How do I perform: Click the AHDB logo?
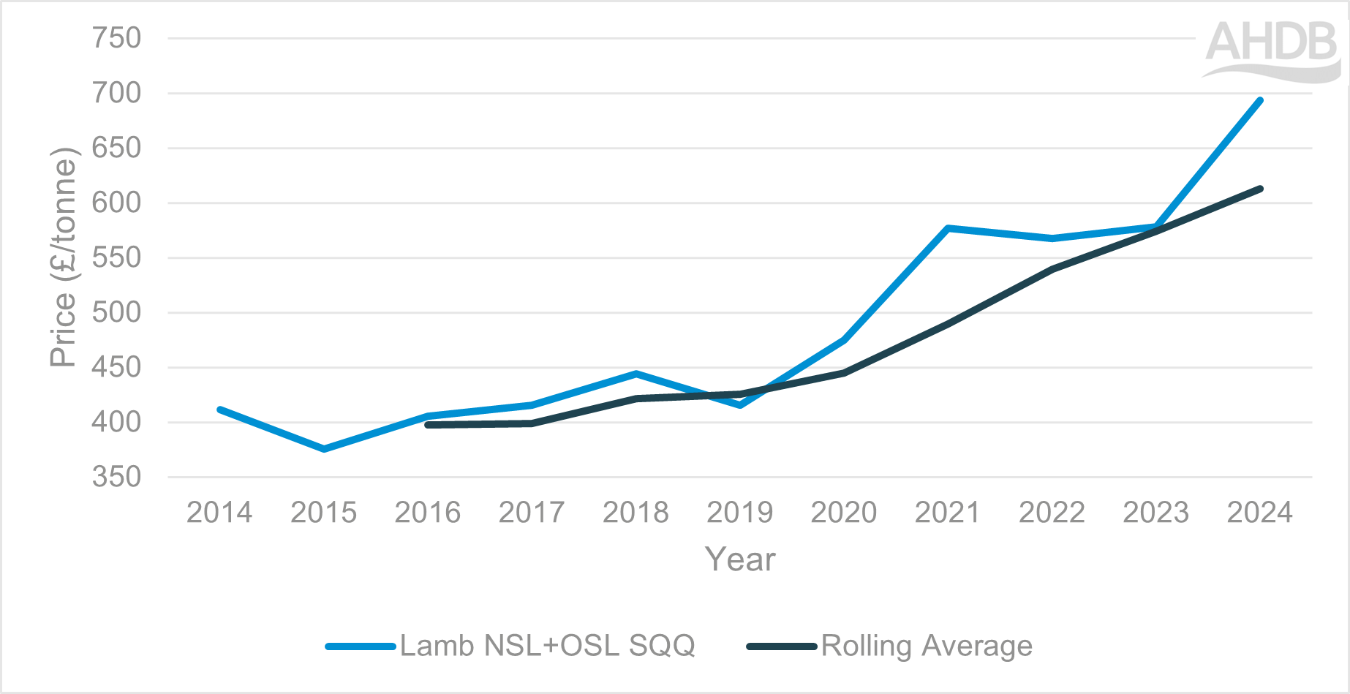(1271, 50)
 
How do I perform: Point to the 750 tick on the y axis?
(116, 38)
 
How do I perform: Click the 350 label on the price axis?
(116, 477)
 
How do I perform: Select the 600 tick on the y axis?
(116, 203)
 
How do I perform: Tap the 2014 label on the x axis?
(219, 512)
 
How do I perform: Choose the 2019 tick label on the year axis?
(739, 512)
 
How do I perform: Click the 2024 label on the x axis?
(1259, 512)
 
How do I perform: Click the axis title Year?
(739, 559)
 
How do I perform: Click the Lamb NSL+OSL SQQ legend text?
(547, 646)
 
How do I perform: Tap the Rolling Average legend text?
(927, 646)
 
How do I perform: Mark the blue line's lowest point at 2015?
(324, 449)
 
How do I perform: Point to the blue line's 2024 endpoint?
(1260, 100)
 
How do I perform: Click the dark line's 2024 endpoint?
(1260, 189)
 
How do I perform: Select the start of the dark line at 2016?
(428, 425)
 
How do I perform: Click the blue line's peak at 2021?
(948, 228)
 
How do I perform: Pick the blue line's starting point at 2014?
(220, 410)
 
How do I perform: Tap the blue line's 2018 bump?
(636, 374)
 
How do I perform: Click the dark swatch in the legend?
(781, 646)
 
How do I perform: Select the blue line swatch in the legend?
(361, 646)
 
